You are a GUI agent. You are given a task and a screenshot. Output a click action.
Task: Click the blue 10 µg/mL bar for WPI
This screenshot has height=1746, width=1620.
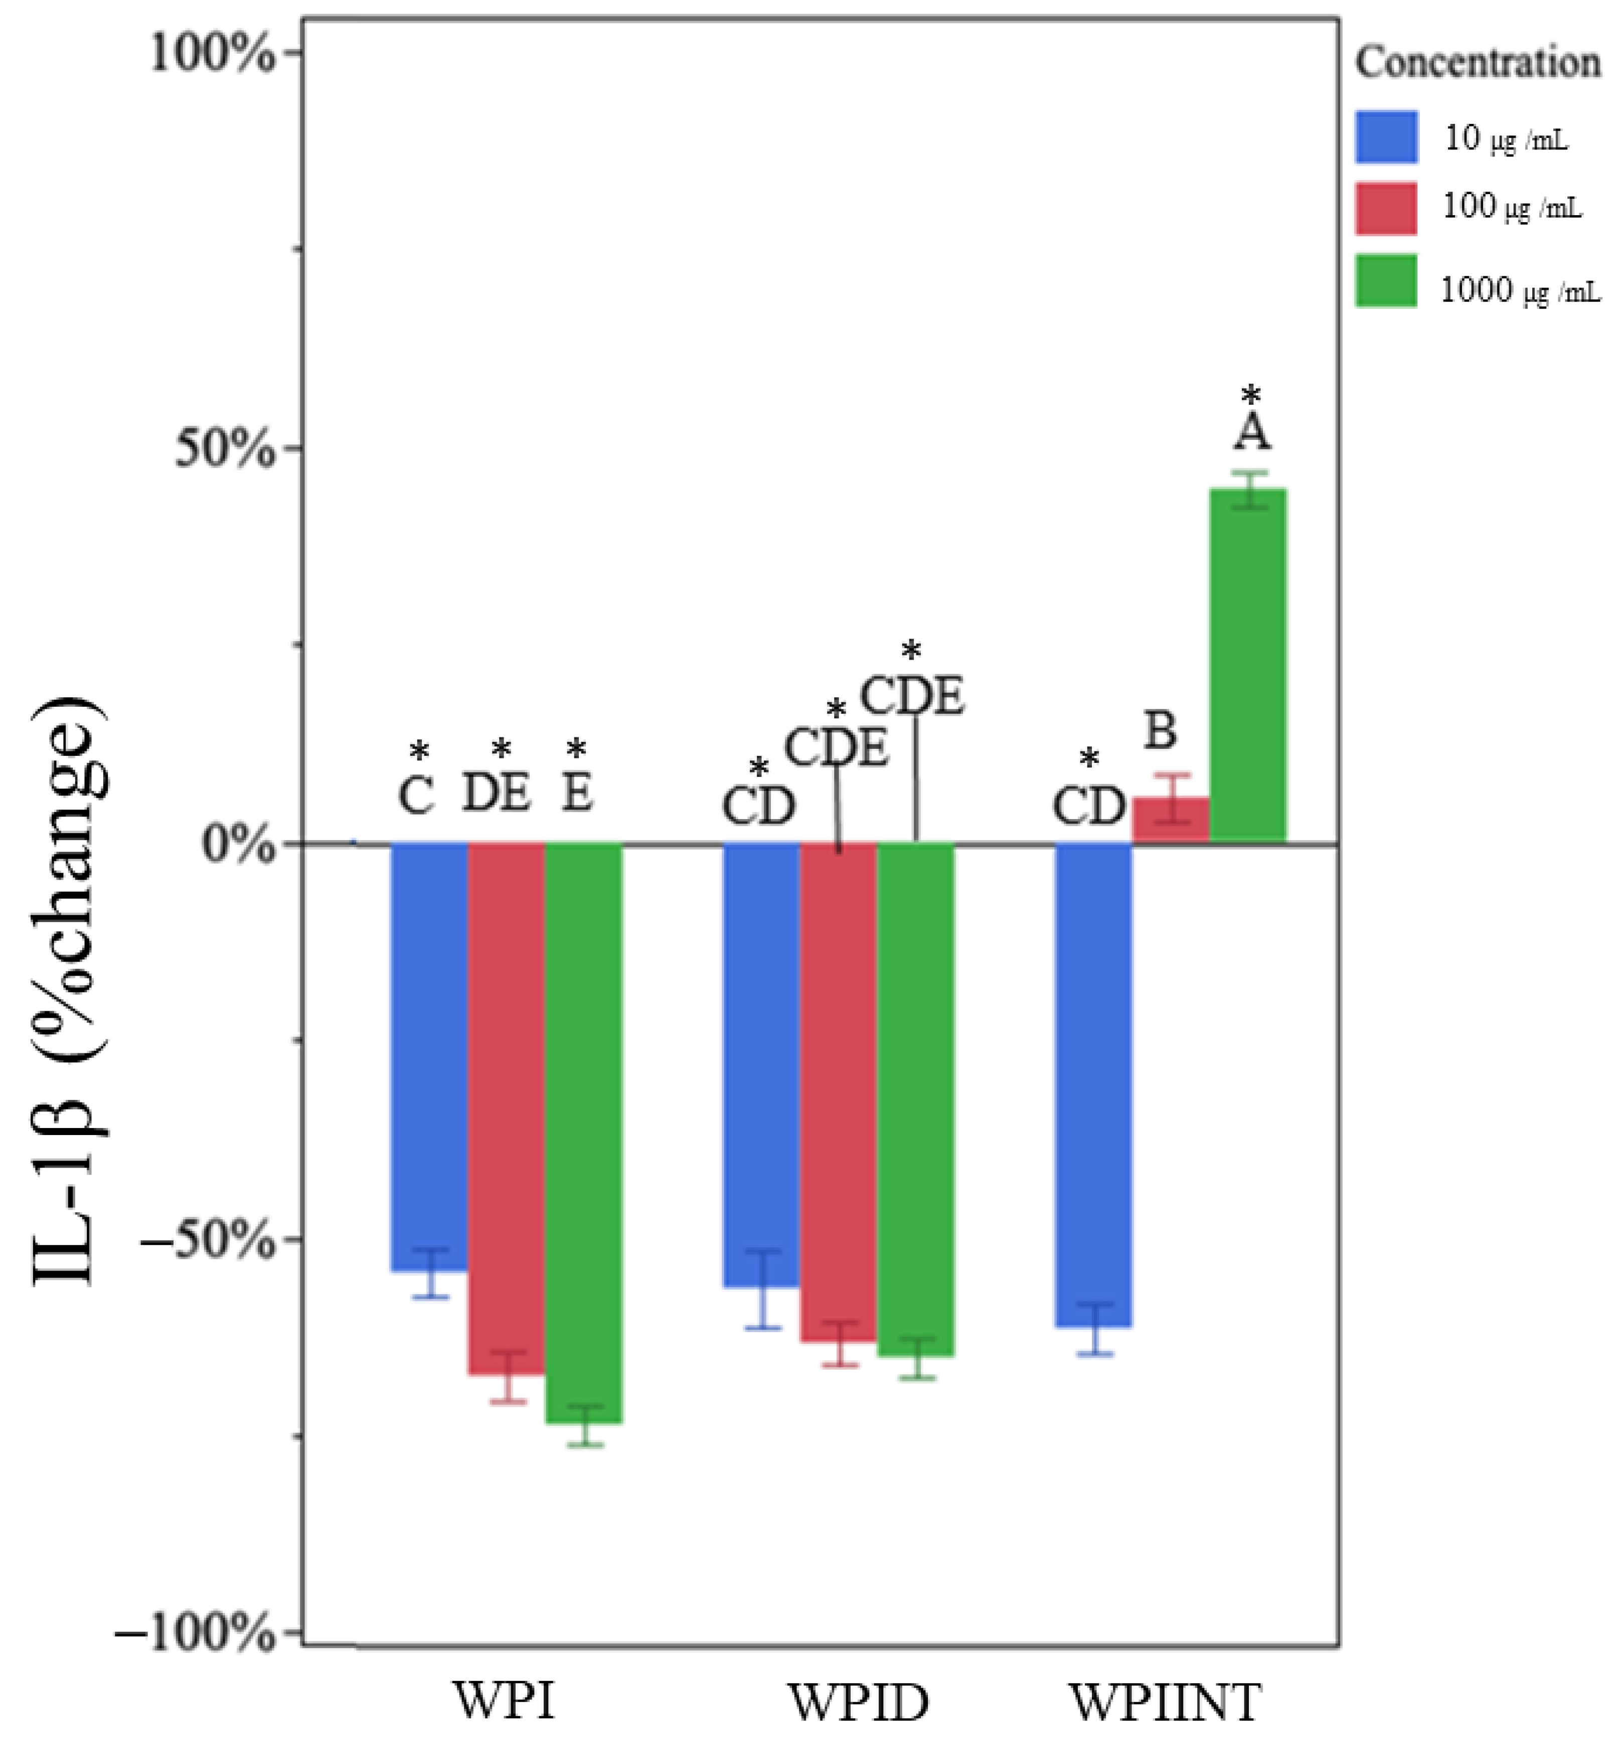coord(429,1056)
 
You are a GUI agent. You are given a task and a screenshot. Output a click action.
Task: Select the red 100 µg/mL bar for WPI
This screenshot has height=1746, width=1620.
coord(507,1109)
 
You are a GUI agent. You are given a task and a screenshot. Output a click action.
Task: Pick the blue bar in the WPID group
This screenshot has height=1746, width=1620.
coord(761,1065)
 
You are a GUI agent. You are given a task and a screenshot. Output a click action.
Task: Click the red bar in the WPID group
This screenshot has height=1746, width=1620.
coord(838,1091)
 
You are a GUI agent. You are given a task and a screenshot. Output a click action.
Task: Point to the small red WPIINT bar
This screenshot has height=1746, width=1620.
coord(1171,821)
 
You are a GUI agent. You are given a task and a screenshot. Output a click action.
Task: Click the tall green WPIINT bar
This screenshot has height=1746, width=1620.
coord(1248,666)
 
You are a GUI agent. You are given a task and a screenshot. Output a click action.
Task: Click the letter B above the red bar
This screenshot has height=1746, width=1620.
coord(1161,730)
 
